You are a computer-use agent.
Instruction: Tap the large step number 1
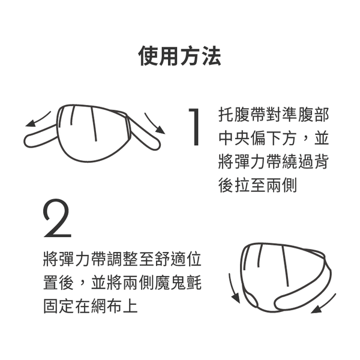tap(194, 127)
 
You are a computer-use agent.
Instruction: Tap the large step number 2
tap(58, 219)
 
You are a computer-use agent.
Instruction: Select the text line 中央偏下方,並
tap(273, 139)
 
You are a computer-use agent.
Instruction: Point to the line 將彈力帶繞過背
tap(273, 162)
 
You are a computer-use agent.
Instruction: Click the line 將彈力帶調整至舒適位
tap(122, 260)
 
